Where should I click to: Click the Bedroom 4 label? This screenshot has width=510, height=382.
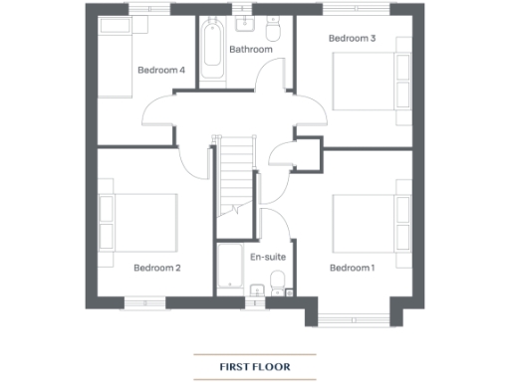(x=160, y=70)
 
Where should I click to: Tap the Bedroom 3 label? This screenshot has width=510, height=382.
(x=352, y=39)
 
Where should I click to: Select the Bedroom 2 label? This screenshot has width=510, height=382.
(x=156, y=268)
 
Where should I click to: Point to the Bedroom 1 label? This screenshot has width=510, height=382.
(x=352, y=268)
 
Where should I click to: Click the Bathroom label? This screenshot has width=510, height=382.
(x=250, y=49)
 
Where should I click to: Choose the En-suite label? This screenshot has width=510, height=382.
(x=267, y=257)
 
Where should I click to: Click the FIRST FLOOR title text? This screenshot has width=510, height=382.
(x=254, y=366)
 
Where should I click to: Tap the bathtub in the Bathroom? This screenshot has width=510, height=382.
(x=212, y=52)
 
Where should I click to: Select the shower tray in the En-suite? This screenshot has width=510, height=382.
(x=231, y=267)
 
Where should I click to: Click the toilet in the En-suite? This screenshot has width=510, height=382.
(x=277, y=291)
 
